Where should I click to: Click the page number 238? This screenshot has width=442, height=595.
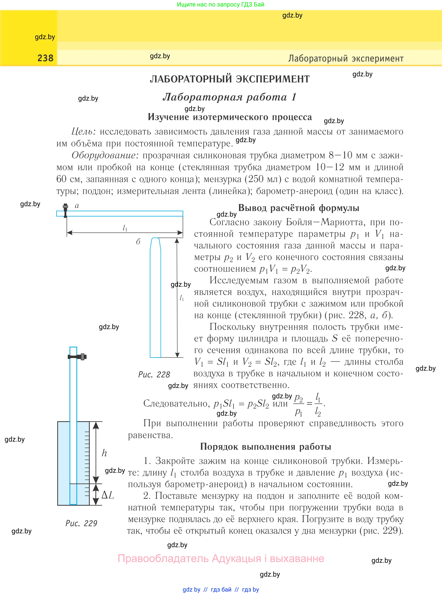(x=45, y=58)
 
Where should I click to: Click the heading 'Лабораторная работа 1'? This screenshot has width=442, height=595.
(x=230, y=97)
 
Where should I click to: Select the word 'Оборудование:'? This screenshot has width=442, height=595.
(x=105, y=155)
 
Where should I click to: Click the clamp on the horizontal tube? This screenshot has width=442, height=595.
(x=65, y=210)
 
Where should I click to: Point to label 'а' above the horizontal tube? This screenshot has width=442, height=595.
(x=77, y=206)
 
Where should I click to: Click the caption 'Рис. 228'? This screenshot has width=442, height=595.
(x=154, y=375)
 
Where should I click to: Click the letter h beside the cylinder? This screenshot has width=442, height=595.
(x=104, y=453)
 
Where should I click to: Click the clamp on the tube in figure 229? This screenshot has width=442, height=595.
(x=78, y=357)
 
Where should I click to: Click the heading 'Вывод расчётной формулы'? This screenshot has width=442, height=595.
(x=299, y=208)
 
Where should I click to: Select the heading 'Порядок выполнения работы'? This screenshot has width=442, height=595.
(x=266, y=447)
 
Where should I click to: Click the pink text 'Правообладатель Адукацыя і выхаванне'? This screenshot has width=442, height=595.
(x=221, y=559)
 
